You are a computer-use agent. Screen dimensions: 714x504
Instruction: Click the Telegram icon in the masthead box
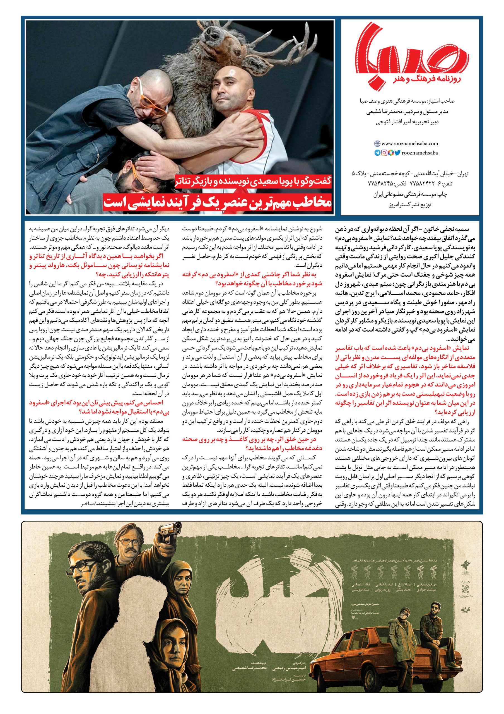377,153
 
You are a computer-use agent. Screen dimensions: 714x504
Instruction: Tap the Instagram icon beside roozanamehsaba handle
384,153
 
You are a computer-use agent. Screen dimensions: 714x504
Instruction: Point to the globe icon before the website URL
377,144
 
